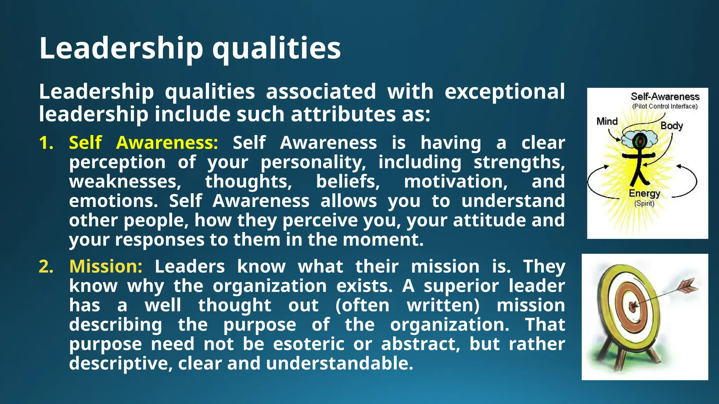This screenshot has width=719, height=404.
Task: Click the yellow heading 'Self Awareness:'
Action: coord(144,143)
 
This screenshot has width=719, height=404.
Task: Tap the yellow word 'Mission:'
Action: coord(106,267)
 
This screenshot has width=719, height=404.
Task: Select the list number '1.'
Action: coord(46,143)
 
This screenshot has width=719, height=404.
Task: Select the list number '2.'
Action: coord(46,267)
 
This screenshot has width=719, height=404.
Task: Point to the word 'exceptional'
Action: coord(504,92)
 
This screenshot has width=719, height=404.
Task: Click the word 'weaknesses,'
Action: coord(125,182)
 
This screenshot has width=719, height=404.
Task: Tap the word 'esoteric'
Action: coord(309,344)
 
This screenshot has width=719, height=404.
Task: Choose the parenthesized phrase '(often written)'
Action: coord(407,305)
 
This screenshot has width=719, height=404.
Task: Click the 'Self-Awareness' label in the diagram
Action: coord(665,96)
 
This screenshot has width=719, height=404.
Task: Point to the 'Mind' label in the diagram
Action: coord(607,121)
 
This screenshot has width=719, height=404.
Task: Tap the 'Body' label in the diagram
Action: coord(672,126)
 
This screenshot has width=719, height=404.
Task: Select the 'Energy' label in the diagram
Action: coord(644,193)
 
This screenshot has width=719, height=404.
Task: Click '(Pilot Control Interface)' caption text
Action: coord(665,106)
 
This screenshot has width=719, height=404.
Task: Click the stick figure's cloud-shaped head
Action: coord(639,140)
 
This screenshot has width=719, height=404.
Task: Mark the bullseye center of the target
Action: coord(632,307)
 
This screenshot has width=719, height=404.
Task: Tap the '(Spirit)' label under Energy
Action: coord(644,203)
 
